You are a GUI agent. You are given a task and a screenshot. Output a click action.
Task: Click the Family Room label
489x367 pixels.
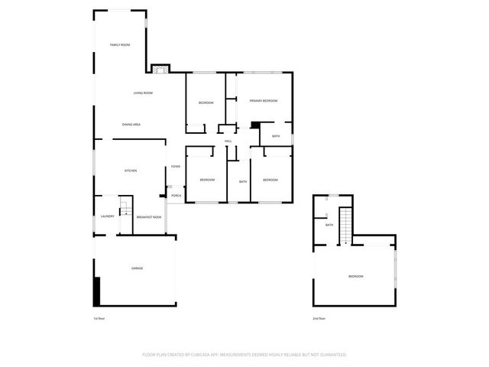coord(120,45)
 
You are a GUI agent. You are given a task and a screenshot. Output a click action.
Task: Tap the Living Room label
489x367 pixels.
coord(143,93)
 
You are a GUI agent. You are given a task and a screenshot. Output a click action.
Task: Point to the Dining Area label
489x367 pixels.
coord(131,124)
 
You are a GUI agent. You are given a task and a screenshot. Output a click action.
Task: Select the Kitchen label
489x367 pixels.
coord(131,171)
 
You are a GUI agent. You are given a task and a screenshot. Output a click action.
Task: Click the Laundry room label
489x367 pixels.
coord(107,216)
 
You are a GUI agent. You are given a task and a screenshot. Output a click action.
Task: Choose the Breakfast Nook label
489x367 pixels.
coord(149,217)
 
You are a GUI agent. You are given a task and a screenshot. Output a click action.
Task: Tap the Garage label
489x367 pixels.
coord(137,268)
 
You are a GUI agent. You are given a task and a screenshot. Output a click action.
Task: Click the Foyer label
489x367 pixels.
coord(176,166)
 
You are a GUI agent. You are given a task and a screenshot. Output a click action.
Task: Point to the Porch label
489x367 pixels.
coord(176,196)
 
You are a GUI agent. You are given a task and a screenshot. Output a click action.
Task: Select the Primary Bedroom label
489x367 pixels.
coord(263,101)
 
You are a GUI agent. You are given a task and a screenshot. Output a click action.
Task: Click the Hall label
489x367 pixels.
coord(228,141)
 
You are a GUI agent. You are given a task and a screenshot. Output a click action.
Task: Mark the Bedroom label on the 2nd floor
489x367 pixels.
coord(355,276)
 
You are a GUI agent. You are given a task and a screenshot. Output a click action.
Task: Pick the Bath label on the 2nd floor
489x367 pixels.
coord(329,225)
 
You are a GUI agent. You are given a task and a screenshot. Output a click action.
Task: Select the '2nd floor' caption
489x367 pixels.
coord(319,318)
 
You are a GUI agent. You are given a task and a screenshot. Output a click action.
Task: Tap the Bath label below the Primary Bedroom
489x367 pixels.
coord(276,136)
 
